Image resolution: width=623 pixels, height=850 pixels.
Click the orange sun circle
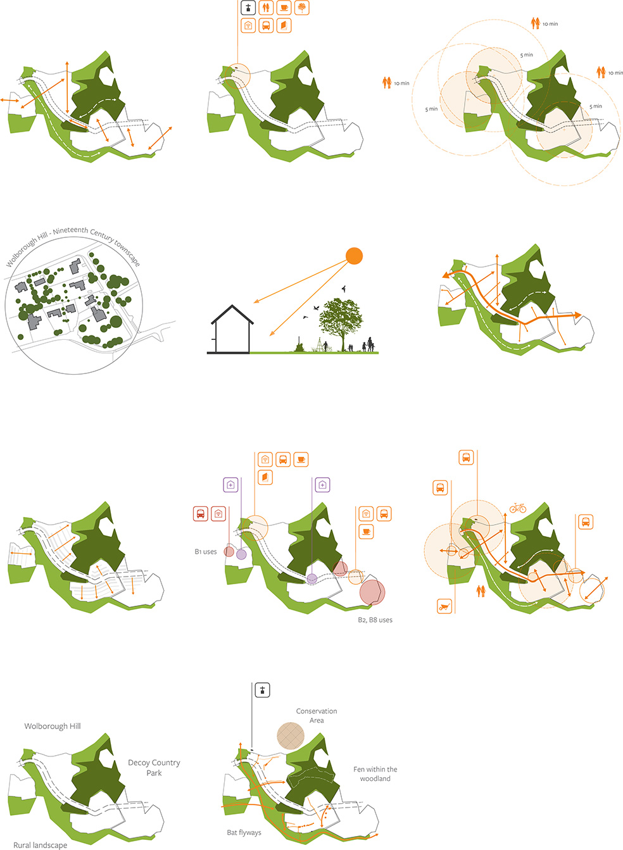pos(354,256)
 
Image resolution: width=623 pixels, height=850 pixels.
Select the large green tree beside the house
pos(341,323)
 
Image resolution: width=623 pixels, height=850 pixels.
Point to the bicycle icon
pos(517,508)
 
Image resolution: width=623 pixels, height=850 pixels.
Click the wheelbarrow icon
pos(444,606)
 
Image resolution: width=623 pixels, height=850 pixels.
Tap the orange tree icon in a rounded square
pos(302,8)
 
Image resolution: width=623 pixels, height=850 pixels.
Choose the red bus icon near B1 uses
pos(201,514)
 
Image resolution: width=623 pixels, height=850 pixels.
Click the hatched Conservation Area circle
pos(291,735)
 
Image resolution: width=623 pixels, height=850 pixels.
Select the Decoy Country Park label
pos(154,767)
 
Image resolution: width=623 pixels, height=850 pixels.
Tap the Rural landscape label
pos(41,845)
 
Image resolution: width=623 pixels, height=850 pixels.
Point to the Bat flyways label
pos(244,832)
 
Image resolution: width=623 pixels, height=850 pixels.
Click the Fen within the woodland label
pos(375,773)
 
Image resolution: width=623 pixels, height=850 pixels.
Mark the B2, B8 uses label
pos(375,620)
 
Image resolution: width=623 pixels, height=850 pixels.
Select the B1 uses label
pos(206,551)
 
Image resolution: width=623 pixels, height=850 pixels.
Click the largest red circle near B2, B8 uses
pos(372,592)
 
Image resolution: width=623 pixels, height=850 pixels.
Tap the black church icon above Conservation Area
pos(262,690)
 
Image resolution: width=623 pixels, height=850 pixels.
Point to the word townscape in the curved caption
pos(127,254)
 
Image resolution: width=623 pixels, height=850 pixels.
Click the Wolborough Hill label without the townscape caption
pos(53,726)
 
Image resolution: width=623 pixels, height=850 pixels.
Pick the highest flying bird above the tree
pos(344,289)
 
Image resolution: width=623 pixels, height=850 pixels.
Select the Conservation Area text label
pos(316,715)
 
